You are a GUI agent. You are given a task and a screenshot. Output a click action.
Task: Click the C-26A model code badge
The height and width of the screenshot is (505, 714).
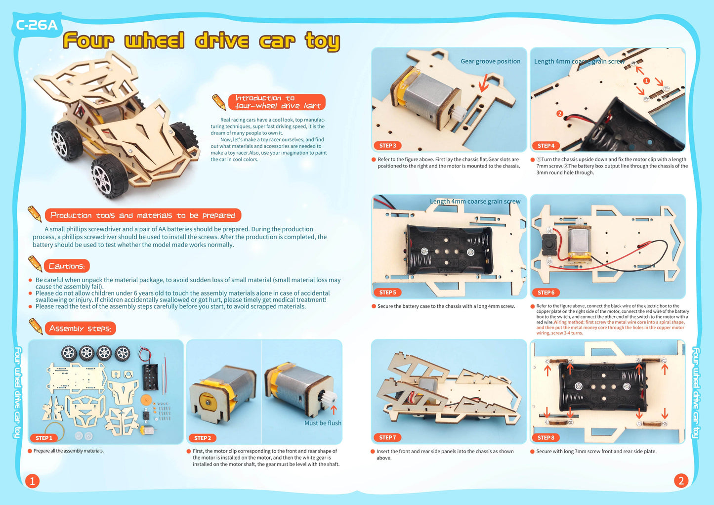point(36,25)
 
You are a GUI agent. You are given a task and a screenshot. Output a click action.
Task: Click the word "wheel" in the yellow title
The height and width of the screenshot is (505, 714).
point(155,41)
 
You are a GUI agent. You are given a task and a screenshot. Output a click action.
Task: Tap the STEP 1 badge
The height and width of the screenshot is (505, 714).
point(43,438)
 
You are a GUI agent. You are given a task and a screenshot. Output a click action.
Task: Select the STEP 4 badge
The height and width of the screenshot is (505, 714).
point(546,146)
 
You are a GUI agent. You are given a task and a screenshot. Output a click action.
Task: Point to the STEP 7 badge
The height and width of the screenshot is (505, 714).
point(387,437)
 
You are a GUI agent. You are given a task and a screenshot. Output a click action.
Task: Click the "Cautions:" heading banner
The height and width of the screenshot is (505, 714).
point(67,266)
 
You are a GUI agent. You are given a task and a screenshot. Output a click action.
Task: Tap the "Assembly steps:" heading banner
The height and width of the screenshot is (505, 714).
point(81,329)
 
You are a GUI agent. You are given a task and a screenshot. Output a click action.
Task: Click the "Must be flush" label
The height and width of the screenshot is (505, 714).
point(323,423)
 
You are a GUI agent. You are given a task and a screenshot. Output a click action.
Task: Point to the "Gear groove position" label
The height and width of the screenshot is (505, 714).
point(491,61)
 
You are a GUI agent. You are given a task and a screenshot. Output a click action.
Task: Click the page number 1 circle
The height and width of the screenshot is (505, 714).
point(32,481)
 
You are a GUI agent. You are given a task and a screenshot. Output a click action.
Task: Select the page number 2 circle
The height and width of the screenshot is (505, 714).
point(681,481)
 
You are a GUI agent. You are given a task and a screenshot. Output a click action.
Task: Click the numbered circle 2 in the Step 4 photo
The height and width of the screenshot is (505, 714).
point(559,114)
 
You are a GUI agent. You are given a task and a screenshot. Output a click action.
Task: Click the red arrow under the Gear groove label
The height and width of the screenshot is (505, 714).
point(484,82)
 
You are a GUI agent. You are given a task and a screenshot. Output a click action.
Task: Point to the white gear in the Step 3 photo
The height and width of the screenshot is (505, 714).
point(458,113)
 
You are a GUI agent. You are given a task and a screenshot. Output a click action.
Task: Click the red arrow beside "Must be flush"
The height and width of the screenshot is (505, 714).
point(334,410)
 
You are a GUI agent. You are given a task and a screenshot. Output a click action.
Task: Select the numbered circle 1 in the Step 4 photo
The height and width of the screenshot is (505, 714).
point(646,81)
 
